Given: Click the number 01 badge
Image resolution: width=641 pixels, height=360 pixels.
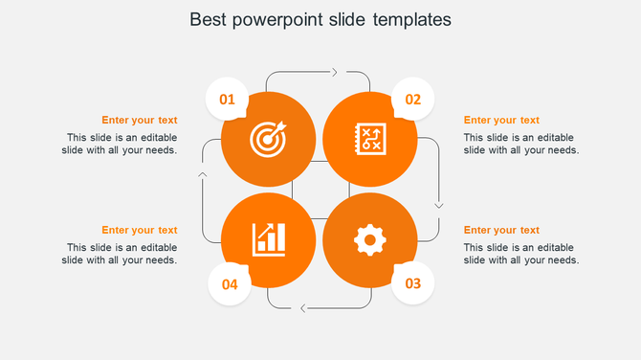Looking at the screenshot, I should pos(228,99).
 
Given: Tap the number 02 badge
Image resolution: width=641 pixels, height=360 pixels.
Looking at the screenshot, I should pos(412,99).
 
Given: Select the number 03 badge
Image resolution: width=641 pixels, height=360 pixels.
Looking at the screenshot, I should pos(412,283).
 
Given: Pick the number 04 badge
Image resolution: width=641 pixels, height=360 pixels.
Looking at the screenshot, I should pos(230,283).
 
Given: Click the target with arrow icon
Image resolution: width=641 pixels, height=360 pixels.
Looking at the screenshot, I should pos(267,140).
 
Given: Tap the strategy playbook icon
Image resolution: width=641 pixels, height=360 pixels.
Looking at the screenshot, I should pos(369,138).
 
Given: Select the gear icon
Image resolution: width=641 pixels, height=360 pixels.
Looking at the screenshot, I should pos(369,239).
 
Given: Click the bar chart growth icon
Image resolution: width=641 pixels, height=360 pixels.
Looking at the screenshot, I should pos(268,239).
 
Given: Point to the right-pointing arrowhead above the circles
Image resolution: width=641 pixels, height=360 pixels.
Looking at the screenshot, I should pos(334,72).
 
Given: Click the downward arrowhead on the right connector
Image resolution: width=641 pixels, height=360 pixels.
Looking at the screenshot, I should pos(439,204).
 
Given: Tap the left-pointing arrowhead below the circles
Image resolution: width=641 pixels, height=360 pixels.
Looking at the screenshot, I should pos(303,308).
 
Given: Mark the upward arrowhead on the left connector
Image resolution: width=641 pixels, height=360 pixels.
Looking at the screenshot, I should pos(202,174).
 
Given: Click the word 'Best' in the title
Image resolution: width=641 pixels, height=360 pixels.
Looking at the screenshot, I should pos(209,19).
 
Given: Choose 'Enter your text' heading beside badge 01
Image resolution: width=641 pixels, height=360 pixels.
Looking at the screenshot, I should pos(139,120).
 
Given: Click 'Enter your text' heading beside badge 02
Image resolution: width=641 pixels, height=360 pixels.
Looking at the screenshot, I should pos(501,120).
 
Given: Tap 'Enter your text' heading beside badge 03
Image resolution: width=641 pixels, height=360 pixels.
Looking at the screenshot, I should pos(501,230).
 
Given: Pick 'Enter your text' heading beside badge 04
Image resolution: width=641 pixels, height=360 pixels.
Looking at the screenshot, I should pos(139,230).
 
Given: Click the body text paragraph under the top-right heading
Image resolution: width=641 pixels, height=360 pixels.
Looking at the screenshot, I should pos(521,144).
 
